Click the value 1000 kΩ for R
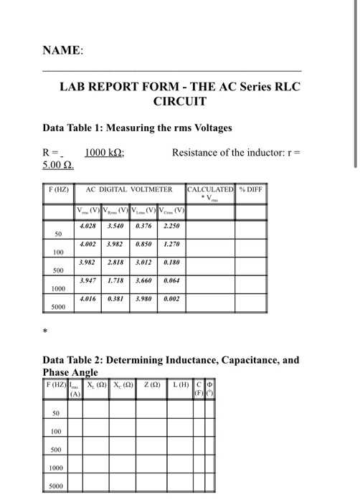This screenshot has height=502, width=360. coord(104,152)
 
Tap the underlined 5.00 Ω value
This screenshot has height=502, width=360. coord(60,166)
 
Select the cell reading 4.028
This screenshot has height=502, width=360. coord(88,227)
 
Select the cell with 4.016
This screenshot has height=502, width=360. coord(88,299)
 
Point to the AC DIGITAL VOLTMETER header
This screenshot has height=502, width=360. coord(130,190)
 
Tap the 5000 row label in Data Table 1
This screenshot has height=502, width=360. coord(60,307)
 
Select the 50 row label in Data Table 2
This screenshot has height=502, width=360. coord(56,412)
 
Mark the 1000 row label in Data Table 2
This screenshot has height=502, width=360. coord(56,468)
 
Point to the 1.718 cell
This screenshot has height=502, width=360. coord(114,281)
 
